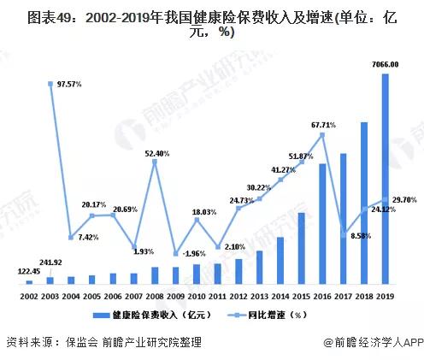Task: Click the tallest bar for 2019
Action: point(386,180)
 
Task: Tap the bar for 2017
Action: point(344,219)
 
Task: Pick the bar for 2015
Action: point(302,249)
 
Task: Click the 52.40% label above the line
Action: point(156,153)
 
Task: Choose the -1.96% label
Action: point(192,253)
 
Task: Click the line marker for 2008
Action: point(155,162)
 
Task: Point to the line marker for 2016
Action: point(322,133)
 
